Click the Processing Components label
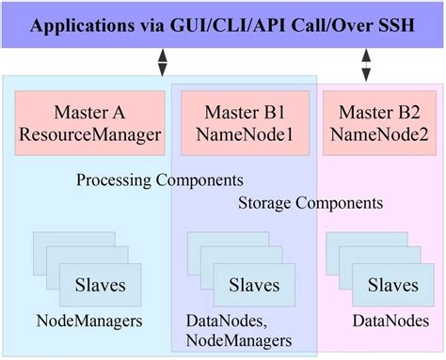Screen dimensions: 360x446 [x=159, y=179]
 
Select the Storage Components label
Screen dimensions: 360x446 [x=310, y=202]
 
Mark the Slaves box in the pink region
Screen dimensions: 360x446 [x=393, y=283]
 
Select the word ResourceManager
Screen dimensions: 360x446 [x=89, y=134]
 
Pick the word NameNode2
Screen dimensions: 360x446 [x=381, y=134]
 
